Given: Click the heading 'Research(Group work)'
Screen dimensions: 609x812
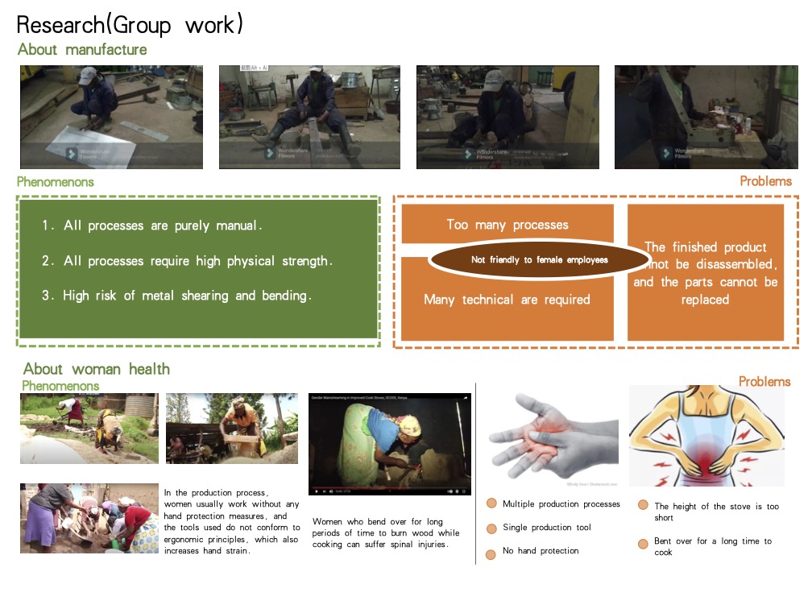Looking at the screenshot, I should coord(130,24).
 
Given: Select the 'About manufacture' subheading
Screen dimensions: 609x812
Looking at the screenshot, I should coord(82,50).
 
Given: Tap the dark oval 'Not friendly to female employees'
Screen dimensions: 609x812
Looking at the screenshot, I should coord(539,259).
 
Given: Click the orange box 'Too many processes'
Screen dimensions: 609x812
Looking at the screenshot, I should coord(507,225).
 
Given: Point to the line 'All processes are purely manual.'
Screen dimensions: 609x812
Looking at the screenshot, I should coord(152,226).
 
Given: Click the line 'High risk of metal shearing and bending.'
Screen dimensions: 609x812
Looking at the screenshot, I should coord(176,296).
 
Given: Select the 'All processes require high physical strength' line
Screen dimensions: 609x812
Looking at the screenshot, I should coord(187,261).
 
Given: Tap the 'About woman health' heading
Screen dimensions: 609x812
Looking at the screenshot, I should coord(97,369).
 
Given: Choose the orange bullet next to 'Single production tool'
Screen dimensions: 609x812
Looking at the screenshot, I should coord(491,528).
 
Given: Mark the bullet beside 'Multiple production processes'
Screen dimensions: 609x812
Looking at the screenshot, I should coord(491,504).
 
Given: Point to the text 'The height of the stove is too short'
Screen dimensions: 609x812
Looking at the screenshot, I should coord(716,512).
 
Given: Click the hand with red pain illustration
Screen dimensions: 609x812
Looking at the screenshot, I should coord(553,435).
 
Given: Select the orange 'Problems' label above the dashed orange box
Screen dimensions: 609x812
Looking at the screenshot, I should coord(765,182).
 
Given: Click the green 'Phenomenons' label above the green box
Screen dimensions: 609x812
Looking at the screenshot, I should coord(56,182).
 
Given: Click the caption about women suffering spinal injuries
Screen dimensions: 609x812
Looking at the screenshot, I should coord(386,533).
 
